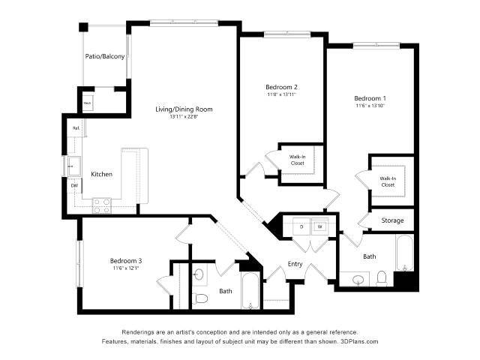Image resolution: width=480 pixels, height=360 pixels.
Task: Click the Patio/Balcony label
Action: tap(104, 56)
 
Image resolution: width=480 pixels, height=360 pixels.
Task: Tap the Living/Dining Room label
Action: tap(184, 109)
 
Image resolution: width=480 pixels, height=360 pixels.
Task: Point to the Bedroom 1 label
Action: tap(370, 99)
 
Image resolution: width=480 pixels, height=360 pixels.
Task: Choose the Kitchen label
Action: tap(101, 175)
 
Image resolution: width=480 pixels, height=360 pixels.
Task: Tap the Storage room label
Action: tap(392, 220)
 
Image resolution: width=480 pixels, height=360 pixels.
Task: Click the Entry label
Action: tap(295, 264)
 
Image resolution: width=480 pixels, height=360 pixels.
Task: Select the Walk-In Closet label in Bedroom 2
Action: tap(297, 160)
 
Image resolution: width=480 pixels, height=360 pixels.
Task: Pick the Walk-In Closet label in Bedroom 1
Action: tap(388, 181)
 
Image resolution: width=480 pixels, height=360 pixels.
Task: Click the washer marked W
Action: tap(319, 226)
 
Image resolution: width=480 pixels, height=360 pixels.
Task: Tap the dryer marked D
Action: tap(301, 226)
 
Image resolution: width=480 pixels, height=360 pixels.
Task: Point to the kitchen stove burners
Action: tap(102, 205)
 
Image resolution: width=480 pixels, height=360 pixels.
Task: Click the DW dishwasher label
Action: tap(74, 185)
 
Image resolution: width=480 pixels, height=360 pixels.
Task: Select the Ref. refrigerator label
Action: tap(76, 129)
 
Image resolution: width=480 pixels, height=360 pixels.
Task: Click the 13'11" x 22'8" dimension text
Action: tap(184, 118)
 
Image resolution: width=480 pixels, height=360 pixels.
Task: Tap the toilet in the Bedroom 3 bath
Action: tap(201, 298)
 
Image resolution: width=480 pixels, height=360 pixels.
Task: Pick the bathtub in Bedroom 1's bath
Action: tap(403, 255)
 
